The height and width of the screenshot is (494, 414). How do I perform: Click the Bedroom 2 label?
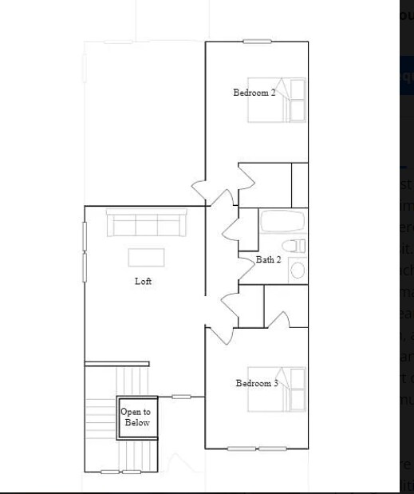[254, 93]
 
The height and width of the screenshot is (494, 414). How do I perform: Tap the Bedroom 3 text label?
[256, 384]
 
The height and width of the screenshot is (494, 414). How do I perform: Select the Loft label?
[143, 282]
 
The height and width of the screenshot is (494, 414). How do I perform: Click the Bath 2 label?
[268, 260]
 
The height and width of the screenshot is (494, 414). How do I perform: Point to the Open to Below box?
[136, 417]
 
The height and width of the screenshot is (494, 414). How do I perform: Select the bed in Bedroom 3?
[279, 389]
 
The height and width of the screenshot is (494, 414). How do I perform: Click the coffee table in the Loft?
[147, 257]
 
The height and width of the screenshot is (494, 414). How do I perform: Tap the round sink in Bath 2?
[298, 270]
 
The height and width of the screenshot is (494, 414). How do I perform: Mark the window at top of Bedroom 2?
[257, 41]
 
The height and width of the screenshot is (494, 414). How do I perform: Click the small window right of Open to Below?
[181, 397]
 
